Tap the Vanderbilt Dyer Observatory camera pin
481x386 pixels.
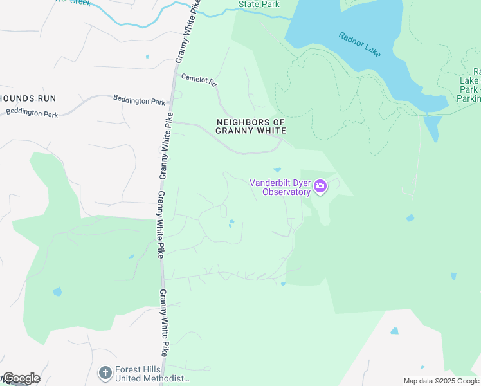[x=320, y=187]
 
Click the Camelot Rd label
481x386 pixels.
[x=198, y=82]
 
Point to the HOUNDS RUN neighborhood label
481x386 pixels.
[x=28, y=98]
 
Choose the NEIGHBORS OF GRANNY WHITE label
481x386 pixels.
[x=250, y=126]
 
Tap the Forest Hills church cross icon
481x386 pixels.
[x=104, y=372]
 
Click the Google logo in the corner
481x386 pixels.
[x=21, y=378]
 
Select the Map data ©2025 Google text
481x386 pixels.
[x=440, y=381]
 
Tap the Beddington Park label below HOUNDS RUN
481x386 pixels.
[x=32, y=113]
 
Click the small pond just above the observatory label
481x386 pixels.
[x=277, y=170]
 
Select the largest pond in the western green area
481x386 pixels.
[x=57, y=291]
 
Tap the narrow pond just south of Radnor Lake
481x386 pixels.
[x=433, y=126]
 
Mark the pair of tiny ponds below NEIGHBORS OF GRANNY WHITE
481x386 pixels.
[x=231, y=224]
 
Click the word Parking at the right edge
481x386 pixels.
[x=469, y=99]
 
